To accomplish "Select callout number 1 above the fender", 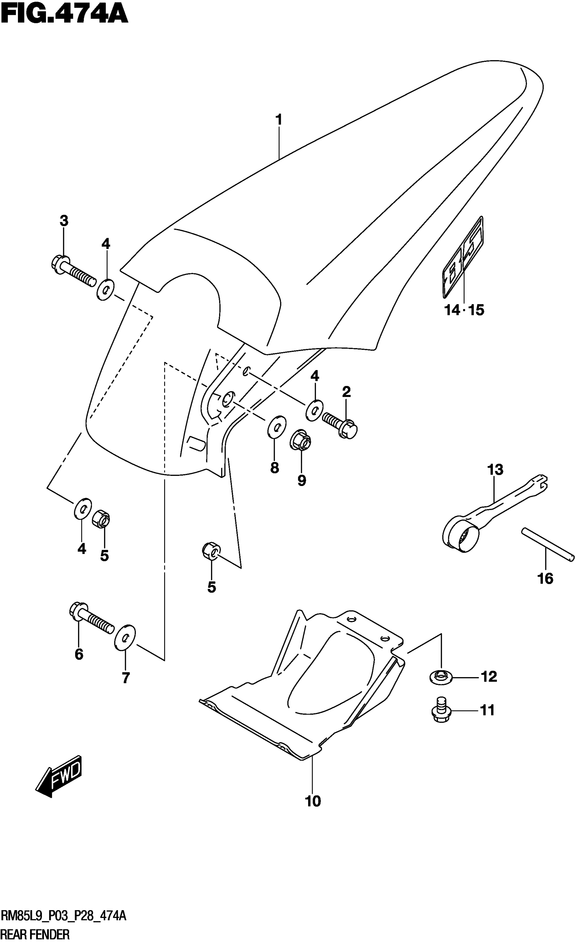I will point(279,120).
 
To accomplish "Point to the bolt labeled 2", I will point(340,424).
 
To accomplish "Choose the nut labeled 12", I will point(441,677).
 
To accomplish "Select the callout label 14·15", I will point(464,310).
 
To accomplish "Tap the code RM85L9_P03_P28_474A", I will point(63,917).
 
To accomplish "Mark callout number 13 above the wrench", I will point(495,469).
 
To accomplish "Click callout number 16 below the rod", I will point(545,578).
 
